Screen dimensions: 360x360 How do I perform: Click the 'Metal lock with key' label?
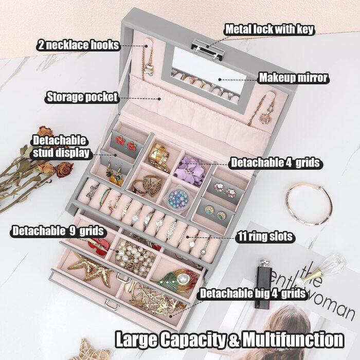pyautogui.click(x=269, y=29)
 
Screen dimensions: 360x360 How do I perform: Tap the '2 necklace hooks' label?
pyautogui.click(x=78, y=45)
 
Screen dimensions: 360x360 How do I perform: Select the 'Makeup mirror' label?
pyautogui.click(x=294, y=78)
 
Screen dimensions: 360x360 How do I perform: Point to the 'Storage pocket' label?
pyautogui.click(x=82, y=97)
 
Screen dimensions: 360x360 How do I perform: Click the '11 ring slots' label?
pyautogui.click(x=265, y=237)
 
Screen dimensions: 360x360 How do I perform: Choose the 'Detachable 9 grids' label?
pyautogui.click(x=58, y=231)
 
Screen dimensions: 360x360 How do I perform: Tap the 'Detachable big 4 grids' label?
pyautogui.click(x=253, y=294)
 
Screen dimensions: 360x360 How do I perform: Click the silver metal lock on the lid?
pyautogui.click(x=208, y=49)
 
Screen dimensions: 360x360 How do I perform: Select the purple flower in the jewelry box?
pyautogui.click(x=189, y=170)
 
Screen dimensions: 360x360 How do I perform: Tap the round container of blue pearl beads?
pyautogui.click(x=178, y=199)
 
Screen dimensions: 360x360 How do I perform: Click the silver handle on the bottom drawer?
pyautogui.click(x=112, y=305)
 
